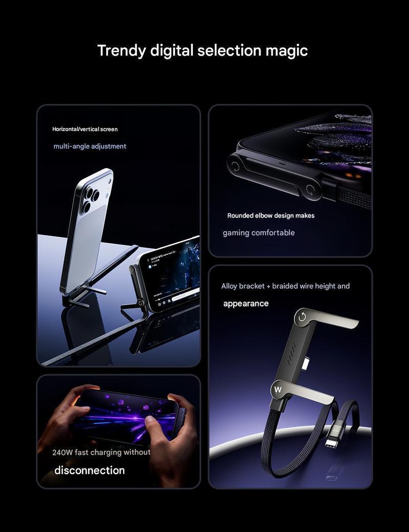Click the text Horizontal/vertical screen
point(85,129)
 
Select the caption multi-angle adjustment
point(90,146)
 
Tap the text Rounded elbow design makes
point(271,216)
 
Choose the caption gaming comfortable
point(259,233)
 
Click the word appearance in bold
point(246,304)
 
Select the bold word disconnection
point(89,470)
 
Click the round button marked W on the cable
point(278,390)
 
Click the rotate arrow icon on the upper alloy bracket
point(302,317)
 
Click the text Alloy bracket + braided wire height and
point(285,286)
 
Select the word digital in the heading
point(172,51)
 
